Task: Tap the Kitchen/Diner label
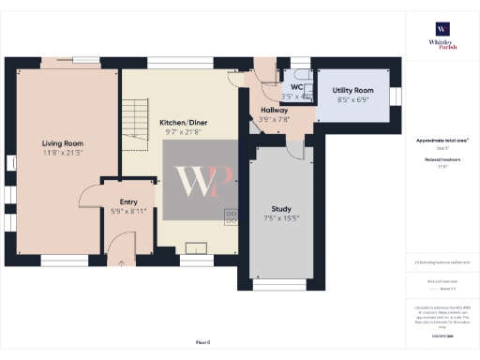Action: tap(183, 123)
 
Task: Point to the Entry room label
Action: tap(128, 202)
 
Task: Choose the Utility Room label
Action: tap(352, 90)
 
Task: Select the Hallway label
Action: tap(274, 110)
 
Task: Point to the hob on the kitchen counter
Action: tap(230, 217)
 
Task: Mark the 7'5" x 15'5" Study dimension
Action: tap(281, 218)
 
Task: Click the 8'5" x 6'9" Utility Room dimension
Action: tap(352, 98)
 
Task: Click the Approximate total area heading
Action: tap(442, 141)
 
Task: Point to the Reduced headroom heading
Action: tap(441, 161)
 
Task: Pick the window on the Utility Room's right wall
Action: tap(395, 96)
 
